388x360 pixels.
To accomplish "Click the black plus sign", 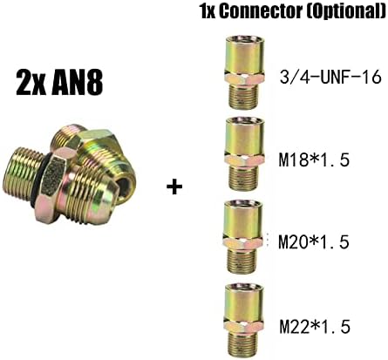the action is coord(174,187).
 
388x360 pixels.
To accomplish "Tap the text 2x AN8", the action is coord(59,83).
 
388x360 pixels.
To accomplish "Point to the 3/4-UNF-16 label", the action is coord(330,78).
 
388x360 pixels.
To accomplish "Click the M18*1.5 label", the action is coord(314,160).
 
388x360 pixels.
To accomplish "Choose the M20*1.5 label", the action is coord(314,242).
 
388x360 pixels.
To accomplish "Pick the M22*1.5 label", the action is coord(315,327).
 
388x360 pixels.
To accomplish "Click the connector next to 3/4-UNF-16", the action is coord(242,72).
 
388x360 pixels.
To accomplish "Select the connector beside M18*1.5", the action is coord(243,154).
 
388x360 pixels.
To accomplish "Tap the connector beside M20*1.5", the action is coord(243,236).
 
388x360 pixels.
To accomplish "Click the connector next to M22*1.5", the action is coord(243,321).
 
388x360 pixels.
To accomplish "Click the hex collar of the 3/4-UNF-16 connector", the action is coord(242,78).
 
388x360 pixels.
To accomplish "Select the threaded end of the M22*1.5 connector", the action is coord(244,346).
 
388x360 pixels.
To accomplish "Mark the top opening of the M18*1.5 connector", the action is coord(243,120).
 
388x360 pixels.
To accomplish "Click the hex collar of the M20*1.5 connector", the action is coord(243,241).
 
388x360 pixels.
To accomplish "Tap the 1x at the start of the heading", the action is coord(208,12).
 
